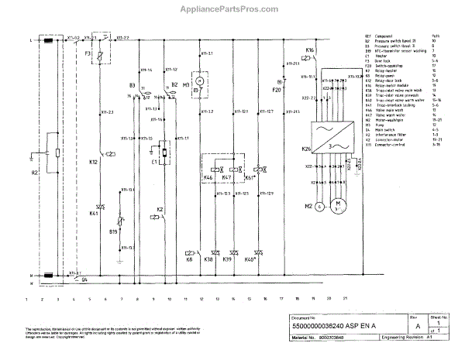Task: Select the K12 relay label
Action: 93,163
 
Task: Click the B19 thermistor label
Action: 114,231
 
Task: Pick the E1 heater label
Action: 155,163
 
